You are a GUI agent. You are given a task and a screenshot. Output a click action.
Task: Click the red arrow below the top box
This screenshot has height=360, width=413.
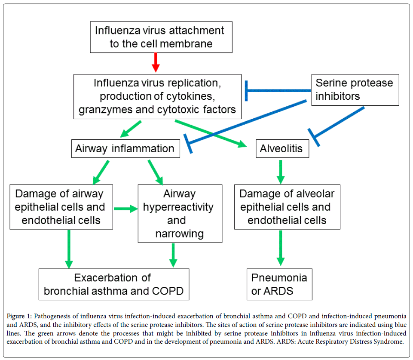pos(156,62)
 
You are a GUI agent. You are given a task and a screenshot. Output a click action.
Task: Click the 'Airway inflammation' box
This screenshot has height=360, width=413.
pos(125,149)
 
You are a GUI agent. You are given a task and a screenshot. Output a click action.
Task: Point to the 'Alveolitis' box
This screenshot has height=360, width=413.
pos(281,149)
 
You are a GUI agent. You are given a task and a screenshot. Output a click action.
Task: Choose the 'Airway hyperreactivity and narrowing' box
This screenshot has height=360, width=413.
pos(180,214)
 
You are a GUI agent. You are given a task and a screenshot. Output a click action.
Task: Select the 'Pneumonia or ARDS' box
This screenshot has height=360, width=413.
pos(279,284)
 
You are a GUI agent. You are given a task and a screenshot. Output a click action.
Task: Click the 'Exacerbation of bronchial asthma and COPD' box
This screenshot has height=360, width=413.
pos(113,284)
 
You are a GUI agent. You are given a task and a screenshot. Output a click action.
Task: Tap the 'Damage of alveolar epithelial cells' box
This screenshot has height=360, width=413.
pos(287,207)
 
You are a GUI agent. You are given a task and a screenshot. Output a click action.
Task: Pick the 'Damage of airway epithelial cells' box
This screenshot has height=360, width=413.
pos(61,207)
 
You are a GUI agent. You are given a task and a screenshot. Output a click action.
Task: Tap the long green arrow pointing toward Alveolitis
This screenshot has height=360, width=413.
pos(211,133)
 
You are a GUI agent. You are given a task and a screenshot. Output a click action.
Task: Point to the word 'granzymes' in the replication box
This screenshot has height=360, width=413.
pos(106,110)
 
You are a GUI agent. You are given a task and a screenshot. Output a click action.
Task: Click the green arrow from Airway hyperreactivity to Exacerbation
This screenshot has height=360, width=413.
pos(173,255)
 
